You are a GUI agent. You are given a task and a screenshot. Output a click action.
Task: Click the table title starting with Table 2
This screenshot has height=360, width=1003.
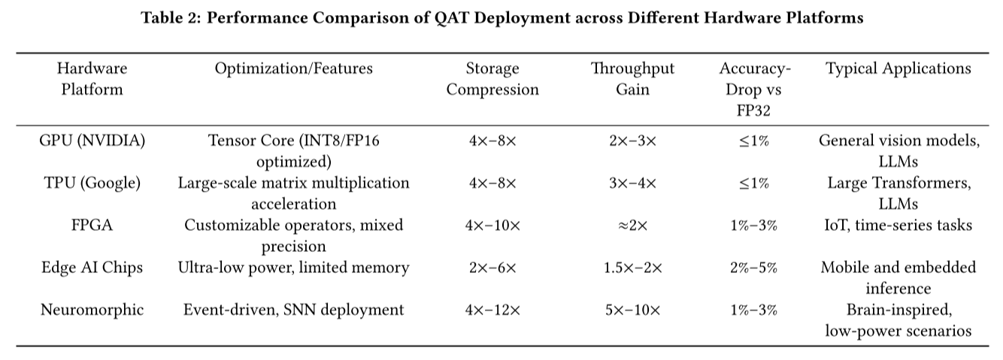tap(501, 19)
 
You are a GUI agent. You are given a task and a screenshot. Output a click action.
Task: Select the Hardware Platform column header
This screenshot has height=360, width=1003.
tap(92, 79)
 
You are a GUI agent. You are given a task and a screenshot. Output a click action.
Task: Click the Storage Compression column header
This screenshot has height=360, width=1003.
tap(492, 79)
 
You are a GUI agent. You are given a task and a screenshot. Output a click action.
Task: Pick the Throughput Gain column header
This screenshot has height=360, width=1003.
tap(632, 79)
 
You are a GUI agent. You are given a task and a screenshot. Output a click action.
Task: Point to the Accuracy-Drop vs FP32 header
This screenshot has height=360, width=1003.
tap(754, 89)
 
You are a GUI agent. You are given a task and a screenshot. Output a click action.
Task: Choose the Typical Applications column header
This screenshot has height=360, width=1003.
tap(898, 69)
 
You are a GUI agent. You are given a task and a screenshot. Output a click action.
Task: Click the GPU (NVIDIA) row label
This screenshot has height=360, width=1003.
tap(92, 141)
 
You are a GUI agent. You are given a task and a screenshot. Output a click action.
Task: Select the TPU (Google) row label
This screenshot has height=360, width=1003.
tap(92, 183)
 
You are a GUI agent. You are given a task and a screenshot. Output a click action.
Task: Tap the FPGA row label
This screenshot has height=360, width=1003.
tap(92, 225)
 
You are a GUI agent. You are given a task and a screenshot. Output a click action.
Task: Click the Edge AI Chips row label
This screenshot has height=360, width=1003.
tap(92, 267)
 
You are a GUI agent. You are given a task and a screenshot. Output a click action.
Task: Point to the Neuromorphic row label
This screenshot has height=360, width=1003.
tap(92, 309)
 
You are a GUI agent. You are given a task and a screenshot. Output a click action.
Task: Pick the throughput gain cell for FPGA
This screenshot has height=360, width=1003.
tap(632, 225)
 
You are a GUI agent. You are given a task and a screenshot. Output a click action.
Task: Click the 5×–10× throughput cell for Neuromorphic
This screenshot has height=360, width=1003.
tap(632, 309)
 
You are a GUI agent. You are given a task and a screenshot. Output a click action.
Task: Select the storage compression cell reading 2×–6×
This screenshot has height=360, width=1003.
tap(492, 267)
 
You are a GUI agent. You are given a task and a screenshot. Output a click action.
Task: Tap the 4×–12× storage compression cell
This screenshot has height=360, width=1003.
tap(492, 309)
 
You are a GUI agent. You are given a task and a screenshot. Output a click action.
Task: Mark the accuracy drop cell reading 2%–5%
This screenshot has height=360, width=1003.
tap(754, 267)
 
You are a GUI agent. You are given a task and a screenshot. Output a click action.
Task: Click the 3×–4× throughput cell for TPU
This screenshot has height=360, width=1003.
tap(632, 183)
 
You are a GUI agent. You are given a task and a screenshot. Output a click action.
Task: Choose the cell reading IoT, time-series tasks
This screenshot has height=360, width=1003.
tap(898, 225)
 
